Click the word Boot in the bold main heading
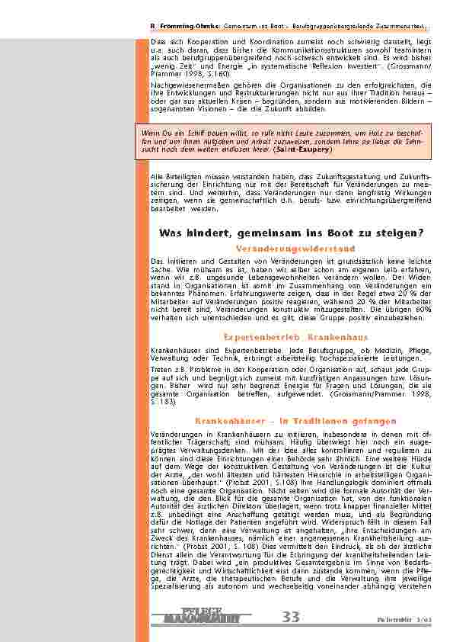[322, 232]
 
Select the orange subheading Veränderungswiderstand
[295, 249]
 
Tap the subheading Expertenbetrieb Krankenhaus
[295, 336]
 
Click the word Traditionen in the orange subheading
[330, 420]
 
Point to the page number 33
[291, 617]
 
